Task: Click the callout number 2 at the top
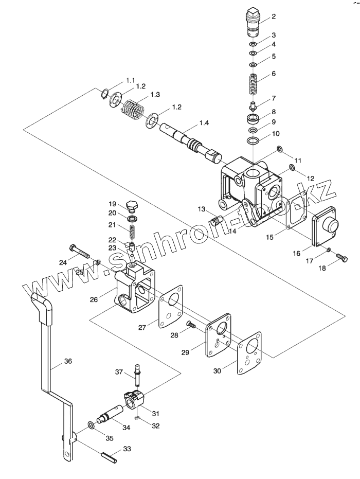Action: point(274,16)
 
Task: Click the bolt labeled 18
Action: point(339,256)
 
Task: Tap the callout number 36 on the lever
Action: point(68,362)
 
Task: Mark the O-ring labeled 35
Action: point(91,424)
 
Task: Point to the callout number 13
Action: point(201,209)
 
